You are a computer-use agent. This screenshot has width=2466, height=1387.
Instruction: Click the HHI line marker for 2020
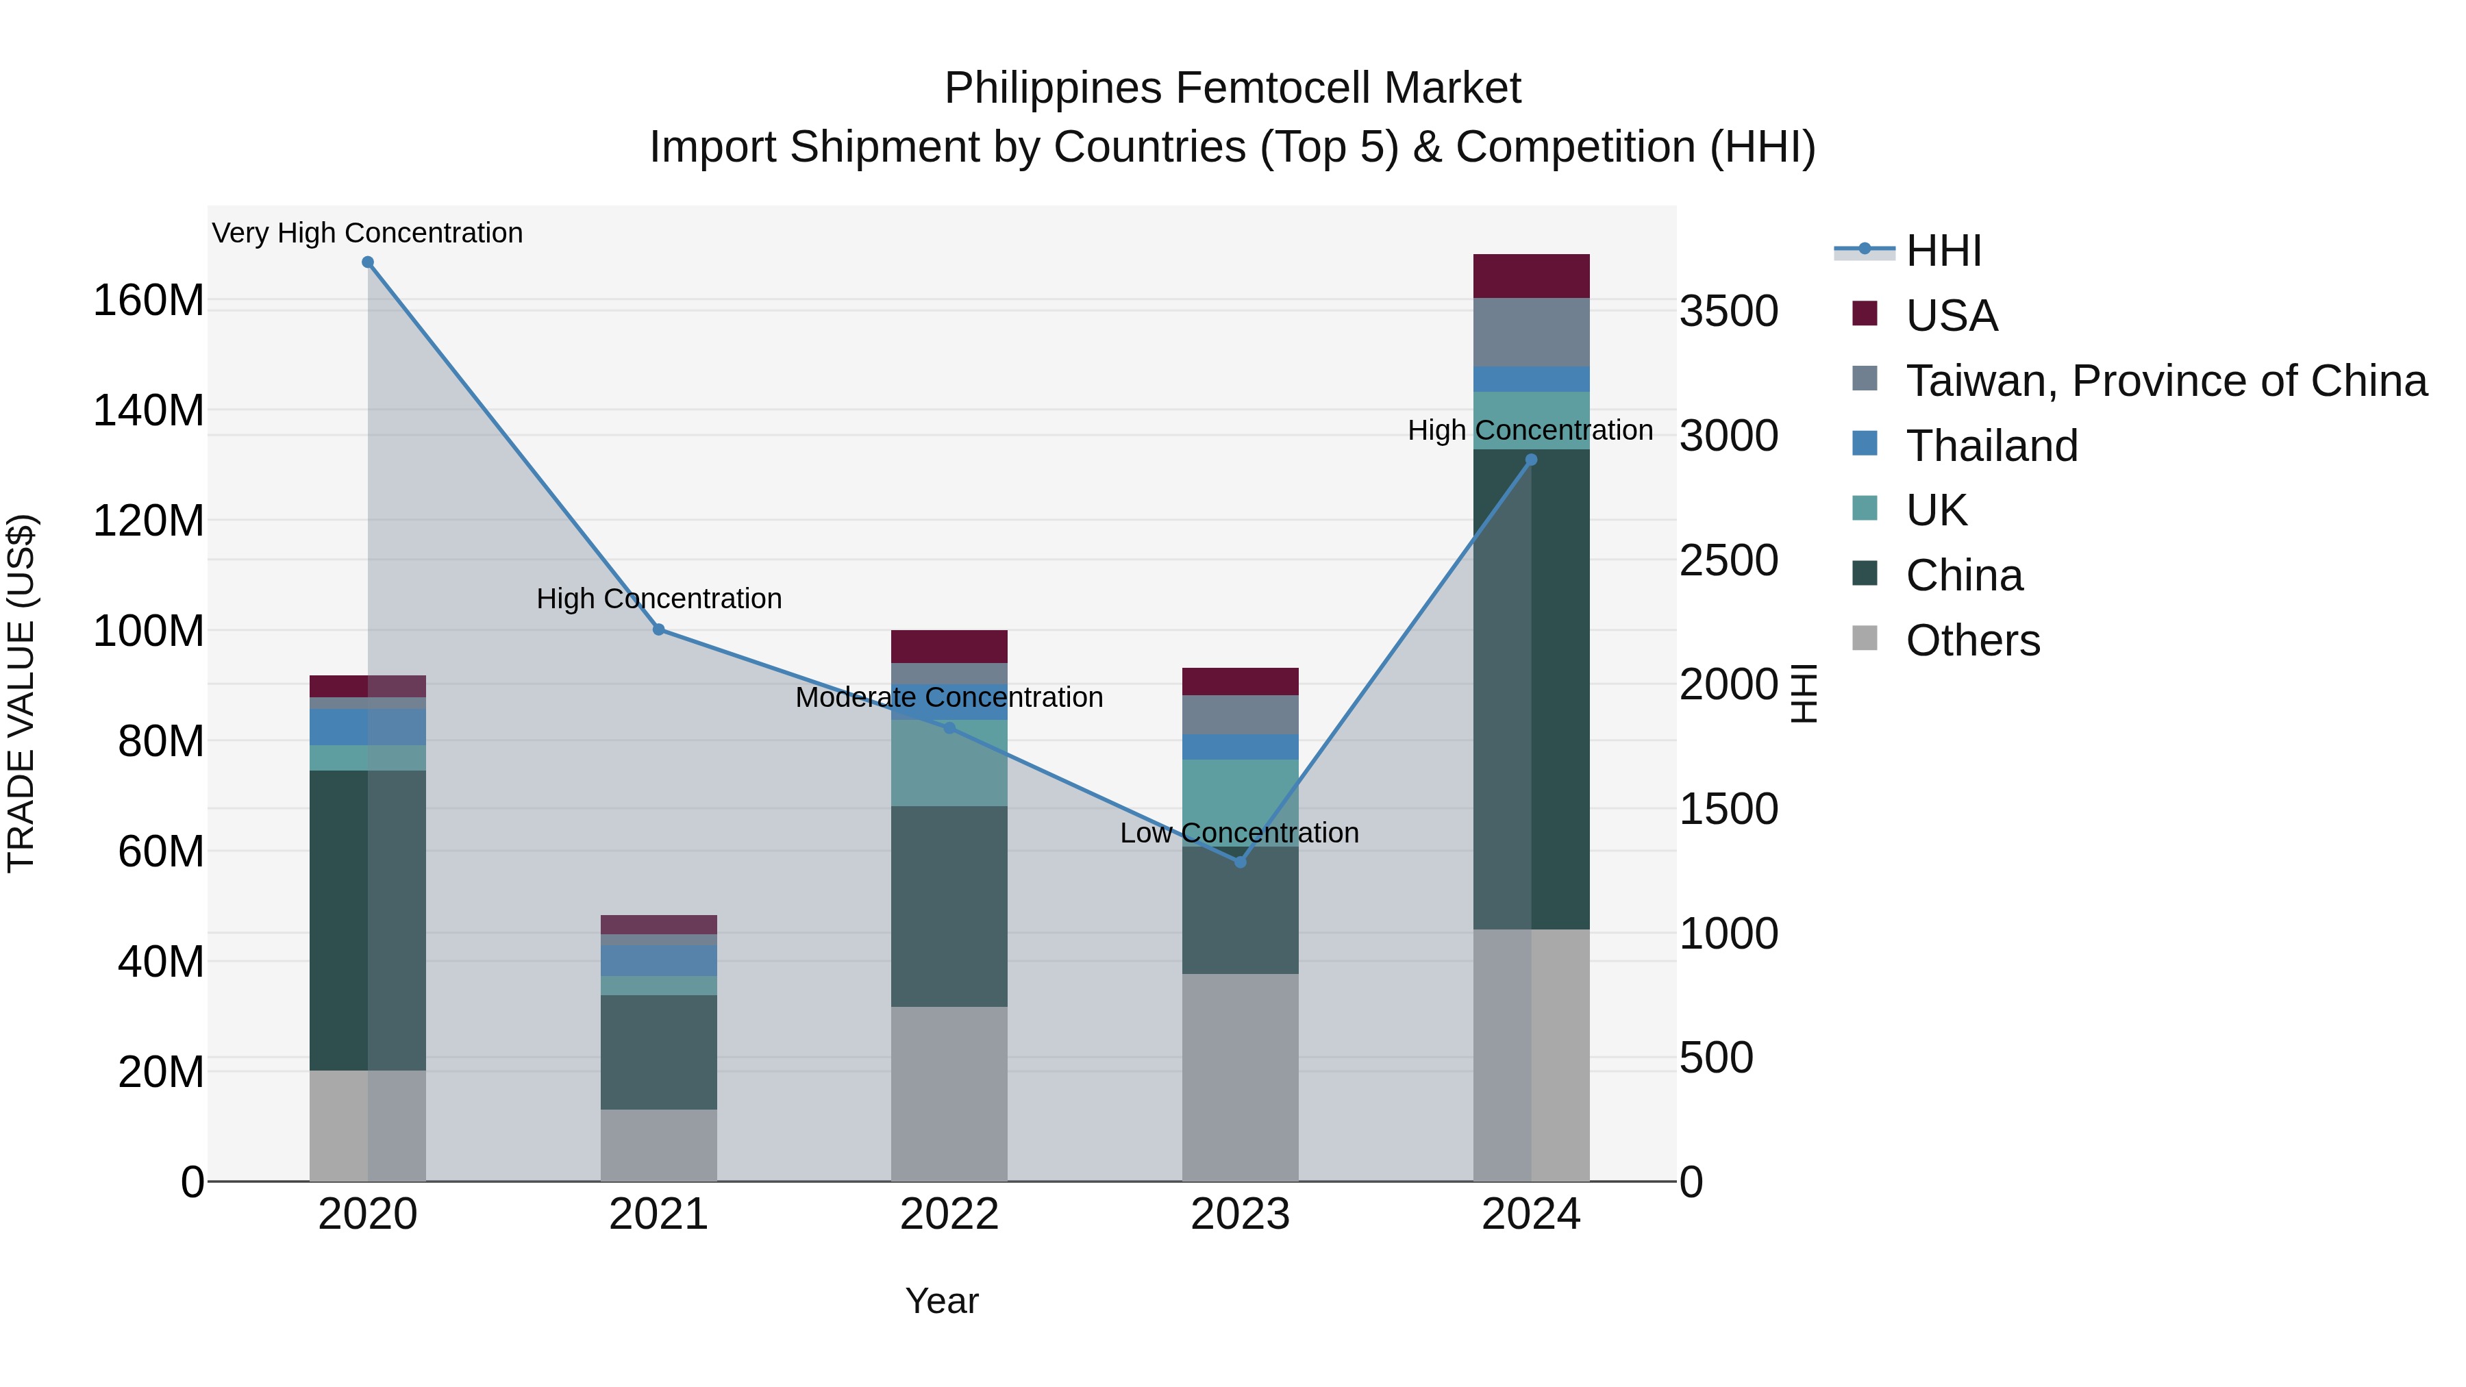click(x=368, y=262)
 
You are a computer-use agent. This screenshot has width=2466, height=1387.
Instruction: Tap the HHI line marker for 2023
click(x=1240, y=862)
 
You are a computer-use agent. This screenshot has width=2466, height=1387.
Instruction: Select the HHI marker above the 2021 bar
click(x=658, y=630)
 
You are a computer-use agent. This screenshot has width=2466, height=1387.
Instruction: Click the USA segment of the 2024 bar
click(x=1531, y=277)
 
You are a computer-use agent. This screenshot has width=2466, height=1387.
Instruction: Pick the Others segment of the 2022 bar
click(x=949, y=1093)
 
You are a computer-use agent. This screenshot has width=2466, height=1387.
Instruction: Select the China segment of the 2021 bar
click(x=658, y=1052)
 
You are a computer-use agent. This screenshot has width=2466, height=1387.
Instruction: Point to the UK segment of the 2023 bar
click(x=1240, y=802)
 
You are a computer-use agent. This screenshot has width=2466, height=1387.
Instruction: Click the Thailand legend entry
click(x=1991, y=446)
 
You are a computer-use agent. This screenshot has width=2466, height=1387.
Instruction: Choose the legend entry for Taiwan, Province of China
click(x=2165, y=381)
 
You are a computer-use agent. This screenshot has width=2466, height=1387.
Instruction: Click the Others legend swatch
click(x=1864, y=638)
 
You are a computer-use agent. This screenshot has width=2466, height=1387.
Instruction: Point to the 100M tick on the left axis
click(x=149, y=632)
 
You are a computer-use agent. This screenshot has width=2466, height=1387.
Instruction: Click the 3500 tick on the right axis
click(x=1729, y=312)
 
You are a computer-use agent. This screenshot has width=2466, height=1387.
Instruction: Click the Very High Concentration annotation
click(x=368, y=233)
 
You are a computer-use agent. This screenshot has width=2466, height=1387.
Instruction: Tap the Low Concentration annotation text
click(x=1240, y=833)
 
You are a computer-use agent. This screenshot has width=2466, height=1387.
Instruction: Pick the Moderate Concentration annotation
click(x=949, y=697)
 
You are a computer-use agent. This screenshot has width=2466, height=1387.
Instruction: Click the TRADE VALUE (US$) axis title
click(x=21, y=693)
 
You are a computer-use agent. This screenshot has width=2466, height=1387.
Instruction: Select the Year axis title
click(x=942, y=1301)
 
